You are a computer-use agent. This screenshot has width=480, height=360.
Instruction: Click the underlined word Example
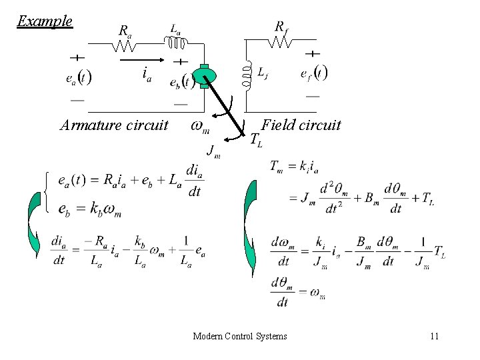click(45, 21)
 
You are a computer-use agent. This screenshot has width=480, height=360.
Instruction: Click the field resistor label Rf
click(283, 27)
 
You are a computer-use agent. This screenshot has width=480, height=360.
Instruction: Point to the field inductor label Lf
click(263, 73)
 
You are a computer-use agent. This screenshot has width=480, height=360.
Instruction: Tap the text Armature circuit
click(113, 125)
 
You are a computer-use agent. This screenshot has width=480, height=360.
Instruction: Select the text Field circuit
click(301, 125)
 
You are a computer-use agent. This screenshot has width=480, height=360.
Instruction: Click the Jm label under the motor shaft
click(214, 151)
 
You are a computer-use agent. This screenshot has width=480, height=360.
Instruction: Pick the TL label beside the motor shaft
click(257, 140)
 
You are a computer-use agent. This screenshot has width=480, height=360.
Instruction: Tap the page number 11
click(434, 336)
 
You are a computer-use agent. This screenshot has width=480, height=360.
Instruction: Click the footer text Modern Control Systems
click(240, 336)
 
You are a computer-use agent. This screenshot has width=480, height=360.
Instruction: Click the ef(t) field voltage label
click(313, 73)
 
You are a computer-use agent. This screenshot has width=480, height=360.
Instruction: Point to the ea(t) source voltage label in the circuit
click(79, 77)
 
